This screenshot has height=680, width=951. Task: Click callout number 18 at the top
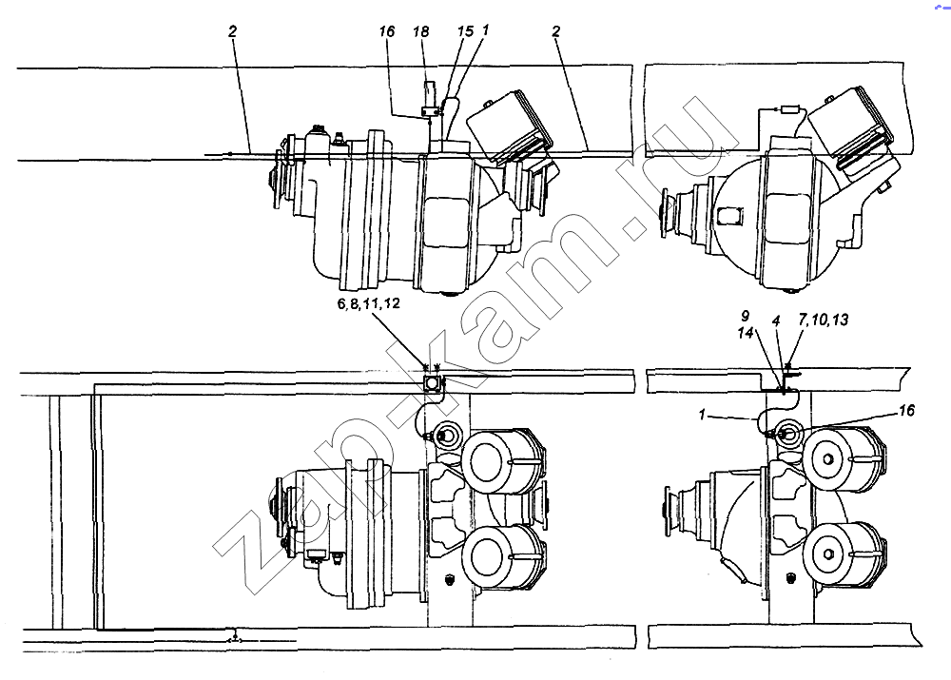tap(421, 32)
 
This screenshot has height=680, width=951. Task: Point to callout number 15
tap(465, 31)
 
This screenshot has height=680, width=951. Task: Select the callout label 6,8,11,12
tap(369, 303)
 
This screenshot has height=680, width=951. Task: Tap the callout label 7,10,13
tap(823, 319)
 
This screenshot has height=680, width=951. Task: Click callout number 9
tap(745, 316)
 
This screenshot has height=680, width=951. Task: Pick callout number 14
tap(746, 333)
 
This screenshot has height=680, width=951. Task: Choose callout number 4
tap(776, 321)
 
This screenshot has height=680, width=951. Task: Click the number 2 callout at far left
tap(232, 31)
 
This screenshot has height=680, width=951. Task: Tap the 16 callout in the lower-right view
tap(906, 411)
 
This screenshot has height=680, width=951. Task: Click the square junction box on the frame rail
tap(431, 383)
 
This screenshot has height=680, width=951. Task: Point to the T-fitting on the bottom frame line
tap(235, 638)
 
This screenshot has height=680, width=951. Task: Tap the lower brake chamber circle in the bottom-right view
tap(829, 554)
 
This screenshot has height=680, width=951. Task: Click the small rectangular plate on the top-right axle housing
tap(729, 216)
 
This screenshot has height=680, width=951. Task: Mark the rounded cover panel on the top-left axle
tap(446, 222)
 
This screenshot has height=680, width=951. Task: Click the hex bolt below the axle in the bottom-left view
tap(450, 580)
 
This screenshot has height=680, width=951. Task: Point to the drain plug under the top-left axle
tap(450, 295)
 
